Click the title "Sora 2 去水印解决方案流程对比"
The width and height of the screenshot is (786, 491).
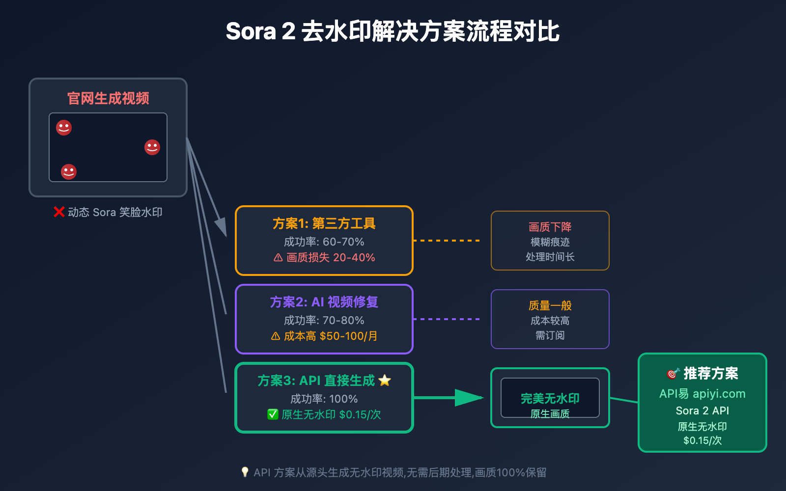click(393, 31)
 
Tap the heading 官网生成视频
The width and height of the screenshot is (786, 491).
click(108, 98)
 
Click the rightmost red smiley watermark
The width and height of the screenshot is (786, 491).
click(152, 147)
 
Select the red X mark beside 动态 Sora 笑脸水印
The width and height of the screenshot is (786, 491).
click(59, 212)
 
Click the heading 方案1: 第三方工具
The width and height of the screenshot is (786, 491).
click(324, 223)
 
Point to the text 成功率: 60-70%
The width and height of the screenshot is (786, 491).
click(324, 242)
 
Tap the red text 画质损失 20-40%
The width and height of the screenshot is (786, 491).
click(331, 257)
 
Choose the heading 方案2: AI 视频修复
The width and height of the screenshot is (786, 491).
click(324, 302)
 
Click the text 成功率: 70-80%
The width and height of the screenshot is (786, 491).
click(324, 320)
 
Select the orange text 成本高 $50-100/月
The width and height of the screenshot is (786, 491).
click(331, 336)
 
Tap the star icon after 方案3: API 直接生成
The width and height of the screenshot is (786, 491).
click(385, 381)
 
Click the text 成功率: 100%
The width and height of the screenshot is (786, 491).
click(324, 399)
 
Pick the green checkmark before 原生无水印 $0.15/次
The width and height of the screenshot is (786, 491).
click(273, 414)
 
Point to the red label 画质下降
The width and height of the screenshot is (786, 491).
click(550, 227)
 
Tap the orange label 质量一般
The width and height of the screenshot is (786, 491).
click(550, 305)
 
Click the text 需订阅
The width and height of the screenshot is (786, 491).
click(550, 335)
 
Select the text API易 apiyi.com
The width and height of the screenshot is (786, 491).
click(702, 394)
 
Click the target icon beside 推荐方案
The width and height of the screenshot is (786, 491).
click(673, 374)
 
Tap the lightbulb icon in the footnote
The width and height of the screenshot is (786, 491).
click(245, 472)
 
